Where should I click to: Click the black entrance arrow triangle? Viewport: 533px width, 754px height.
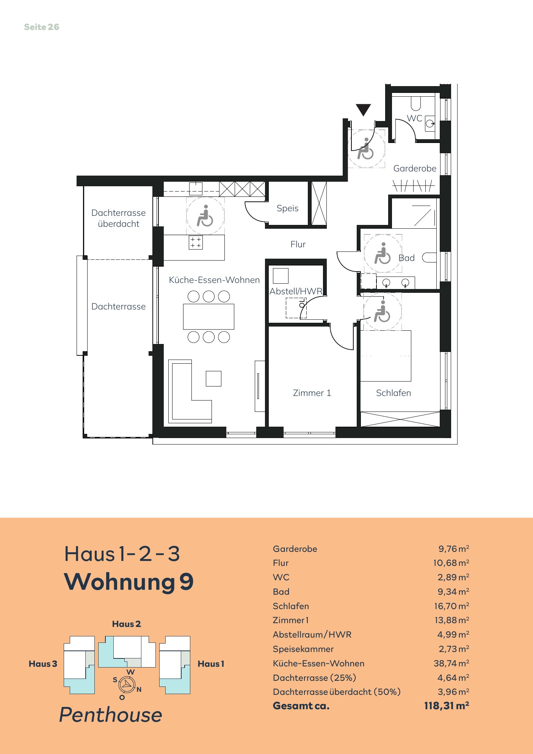tap(363, 110)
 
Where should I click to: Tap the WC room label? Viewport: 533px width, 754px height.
tap(414, 118)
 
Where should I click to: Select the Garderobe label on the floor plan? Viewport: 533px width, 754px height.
tap(415, 168)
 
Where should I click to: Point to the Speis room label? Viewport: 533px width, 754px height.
tap(287, 208)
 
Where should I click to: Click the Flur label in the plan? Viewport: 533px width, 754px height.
tap(298, 244)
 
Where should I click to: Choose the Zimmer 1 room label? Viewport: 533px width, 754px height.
tap(312, 393)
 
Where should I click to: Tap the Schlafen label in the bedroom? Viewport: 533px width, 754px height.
tap(393, 393)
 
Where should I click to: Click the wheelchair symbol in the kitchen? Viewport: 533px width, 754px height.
tap(205, 215)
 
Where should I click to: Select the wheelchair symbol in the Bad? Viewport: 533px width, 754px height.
tap(383, 253)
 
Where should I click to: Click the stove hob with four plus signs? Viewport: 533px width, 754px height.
tap(196, 242)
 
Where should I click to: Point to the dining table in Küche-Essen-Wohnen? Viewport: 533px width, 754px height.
tap(208, 316)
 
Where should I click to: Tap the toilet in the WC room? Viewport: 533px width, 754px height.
tap(416, 103)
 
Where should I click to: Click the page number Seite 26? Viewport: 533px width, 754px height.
tap(42, 27)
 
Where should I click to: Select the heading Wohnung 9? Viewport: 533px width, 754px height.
tap(129, 582)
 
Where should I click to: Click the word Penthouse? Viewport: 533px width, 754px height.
tap(111, 715)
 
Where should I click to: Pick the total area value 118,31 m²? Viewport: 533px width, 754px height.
tap(447, 705)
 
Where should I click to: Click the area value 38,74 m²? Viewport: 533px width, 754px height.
tap(451, 663)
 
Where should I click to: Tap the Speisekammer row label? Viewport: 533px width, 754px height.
tap(303, 649)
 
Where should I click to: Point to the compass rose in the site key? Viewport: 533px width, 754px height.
tap(127, 685)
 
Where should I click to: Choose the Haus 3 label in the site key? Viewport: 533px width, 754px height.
tap(43, 664)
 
